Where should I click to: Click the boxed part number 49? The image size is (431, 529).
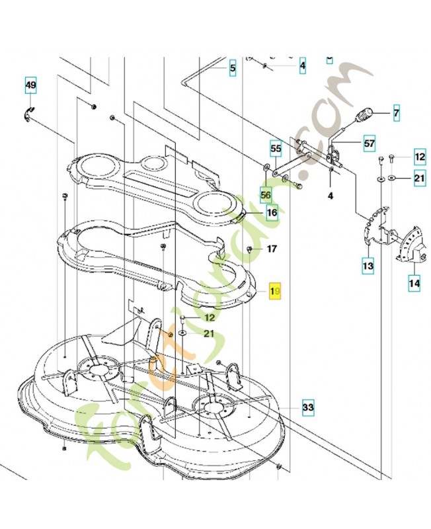(x=31, y=86)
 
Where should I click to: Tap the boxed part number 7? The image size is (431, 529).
(x=397, y=113)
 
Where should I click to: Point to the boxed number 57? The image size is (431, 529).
(x=369, y=143)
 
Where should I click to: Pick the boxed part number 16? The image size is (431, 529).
(x=272, y=213)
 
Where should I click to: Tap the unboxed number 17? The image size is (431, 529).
(x=272, y=249)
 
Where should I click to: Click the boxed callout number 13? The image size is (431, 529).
(x=368, y=266)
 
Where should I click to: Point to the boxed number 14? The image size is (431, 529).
(x=414, y=284)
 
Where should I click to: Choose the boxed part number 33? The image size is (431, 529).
(x=307, y=407)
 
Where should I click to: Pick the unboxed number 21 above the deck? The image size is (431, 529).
(x=208, y=333)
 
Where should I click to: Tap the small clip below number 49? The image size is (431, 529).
(x=30, y=112)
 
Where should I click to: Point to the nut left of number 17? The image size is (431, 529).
(x=250, y=249)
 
